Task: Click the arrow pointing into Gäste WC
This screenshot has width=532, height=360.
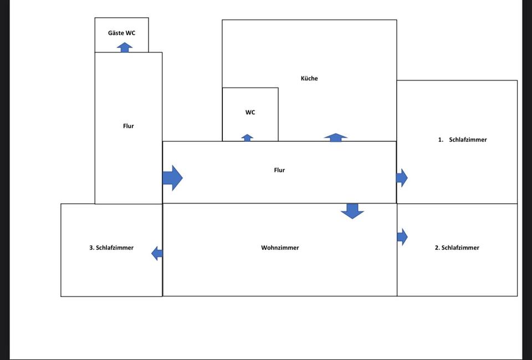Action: coord(125,47)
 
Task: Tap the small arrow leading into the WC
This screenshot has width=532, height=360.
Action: coord(247,137)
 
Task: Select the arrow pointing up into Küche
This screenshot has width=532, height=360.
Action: coord(335,137)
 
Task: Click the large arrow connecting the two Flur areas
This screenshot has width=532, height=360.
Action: coord(172,178)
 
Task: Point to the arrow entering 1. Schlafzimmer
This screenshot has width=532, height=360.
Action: coord(402,178)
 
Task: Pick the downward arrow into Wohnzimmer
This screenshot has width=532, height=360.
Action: coord(352,210)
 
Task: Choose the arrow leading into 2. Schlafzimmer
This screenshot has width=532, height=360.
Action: coord(402,237)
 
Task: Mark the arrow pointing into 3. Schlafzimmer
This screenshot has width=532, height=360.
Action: coord(157,254)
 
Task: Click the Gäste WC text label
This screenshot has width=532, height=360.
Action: coord(121,33)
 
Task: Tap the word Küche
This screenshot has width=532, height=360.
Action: coord(309,79)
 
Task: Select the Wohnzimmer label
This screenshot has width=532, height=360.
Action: coord(280,248)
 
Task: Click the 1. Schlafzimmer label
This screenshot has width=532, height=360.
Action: coord(462,140)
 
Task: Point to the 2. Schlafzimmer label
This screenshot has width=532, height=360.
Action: coord(457,248)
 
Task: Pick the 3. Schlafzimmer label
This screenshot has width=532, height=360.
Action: coord(111,248)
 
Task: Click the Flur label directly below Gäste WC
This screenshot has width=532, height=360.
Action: coord(129,126)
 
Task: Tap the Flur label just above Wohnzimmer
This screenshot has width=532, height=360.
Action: coord(279,170)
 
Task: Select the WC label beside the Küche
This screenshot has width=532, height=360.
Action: coord(250,112)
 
